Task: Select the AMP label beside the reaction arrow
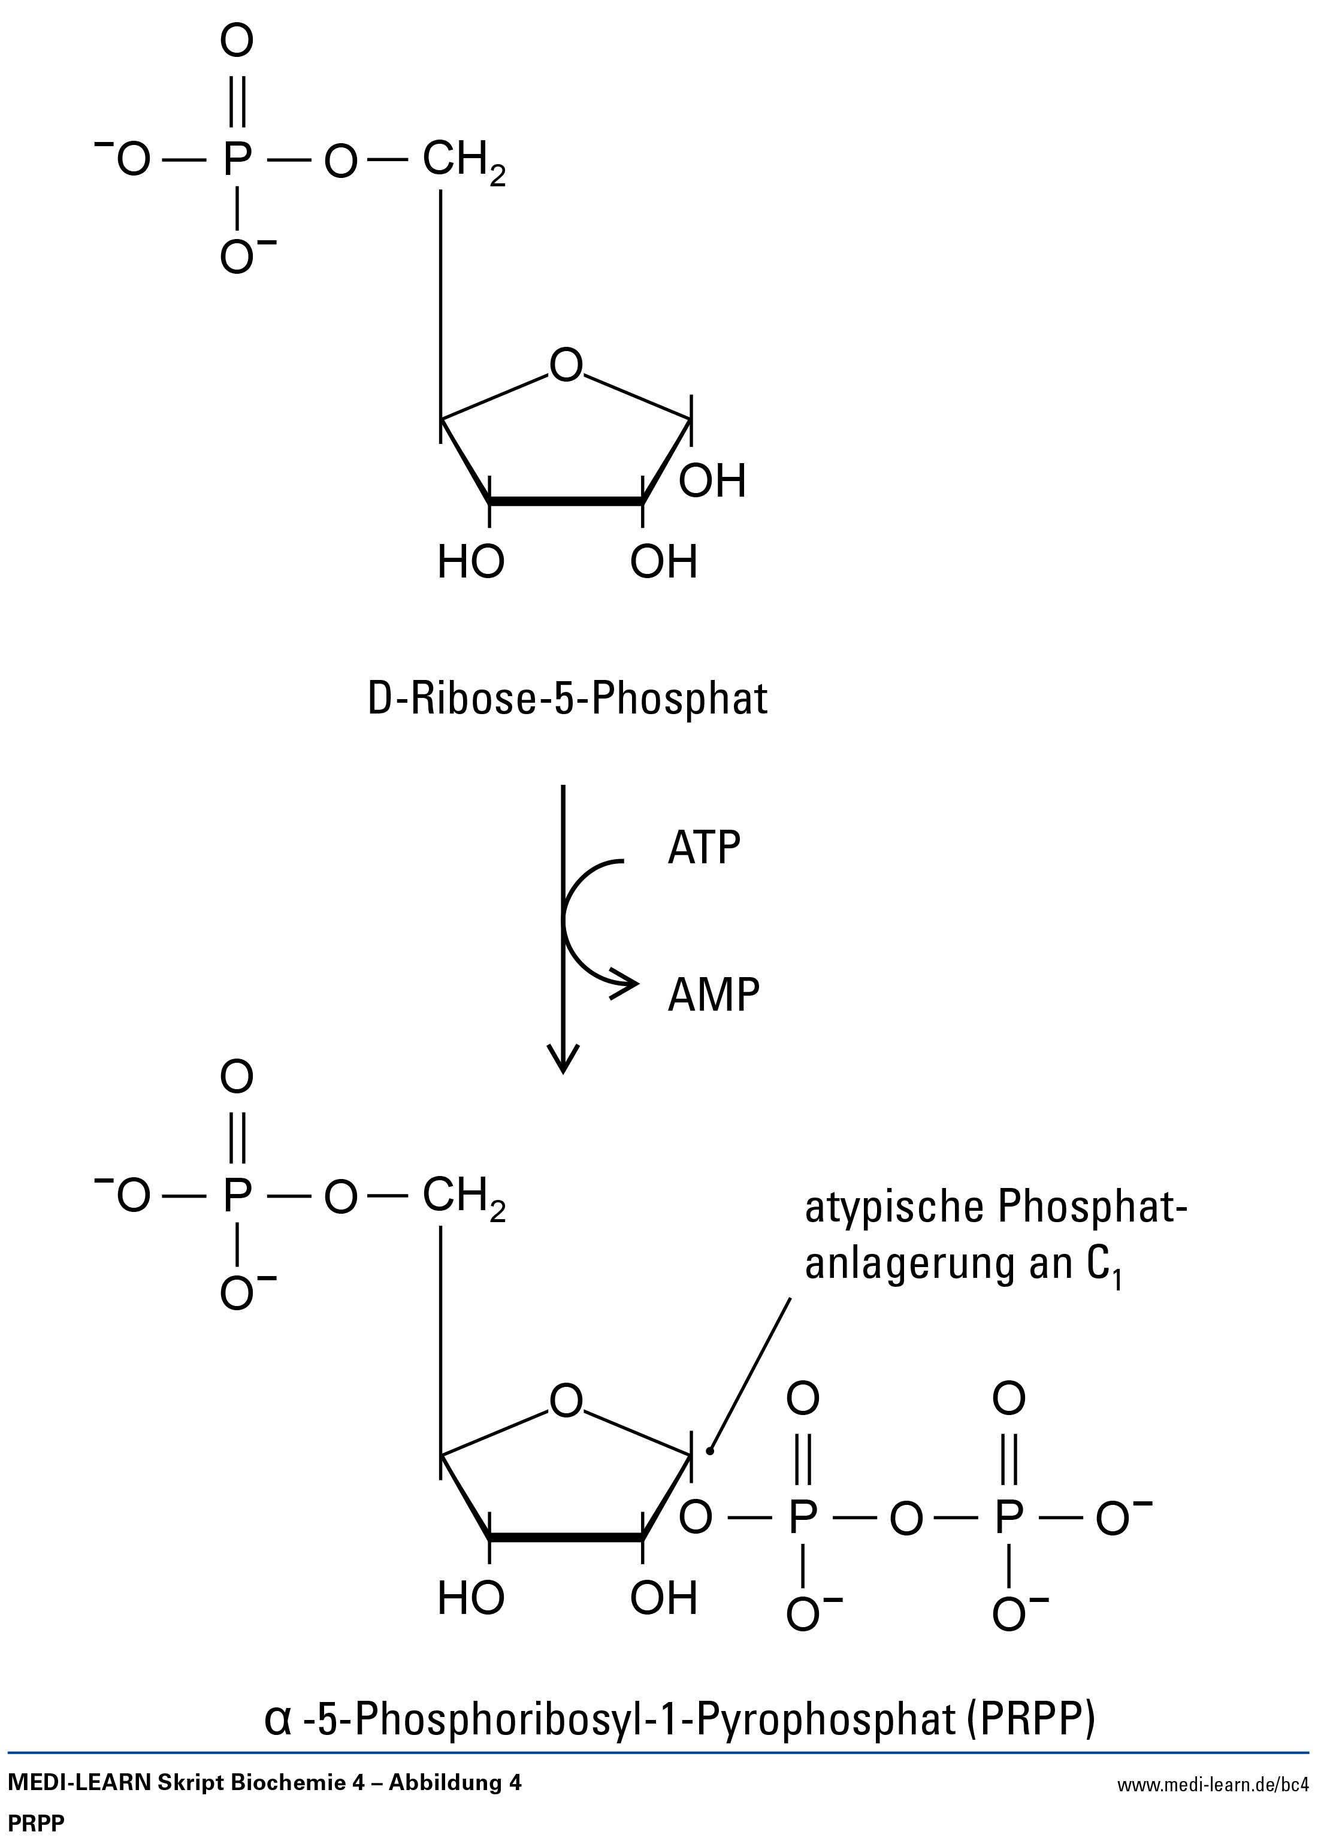(x=714, y=994)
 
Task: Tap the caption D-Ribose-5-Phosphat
(x=567, y=700)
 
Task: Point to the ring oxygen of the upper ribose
(x=566, y=365)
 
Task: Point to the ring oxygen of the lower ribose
(x=566, y=1402)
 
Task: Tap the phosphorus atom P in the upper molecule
(x=236, y=159)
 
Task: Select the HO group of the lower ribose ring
(x=471, y=1599)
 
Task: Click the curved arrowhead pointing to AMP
(x=627, y=984)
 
